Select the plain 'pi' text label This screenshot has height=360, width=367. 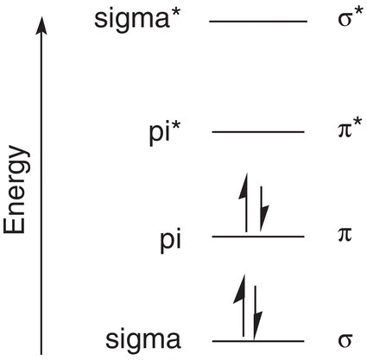[x=171, y=242]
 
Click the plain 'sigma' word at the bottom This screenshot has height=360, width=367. [x=143, y=341]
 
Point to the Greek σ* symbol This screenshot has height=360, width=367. [x=349, y=19]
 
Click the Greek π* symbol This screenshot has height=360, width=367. [x=349, y=129]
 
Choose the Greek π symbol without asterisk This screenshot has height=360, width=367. [x=345, y=234]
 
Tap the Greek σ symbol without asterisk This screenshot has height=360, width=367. [x=345, y=339]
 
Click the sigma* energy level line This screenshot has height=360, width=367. [x=258, y=22]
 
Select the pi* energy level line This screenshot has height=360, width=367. [x=258, y=132]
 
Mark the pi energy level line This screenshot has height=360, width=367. [x=258, y=237]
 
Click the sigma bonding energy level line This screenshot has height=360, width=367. [x=258, y=341]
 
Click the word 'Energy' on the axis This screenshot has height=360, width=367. [x=17, y=190]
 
